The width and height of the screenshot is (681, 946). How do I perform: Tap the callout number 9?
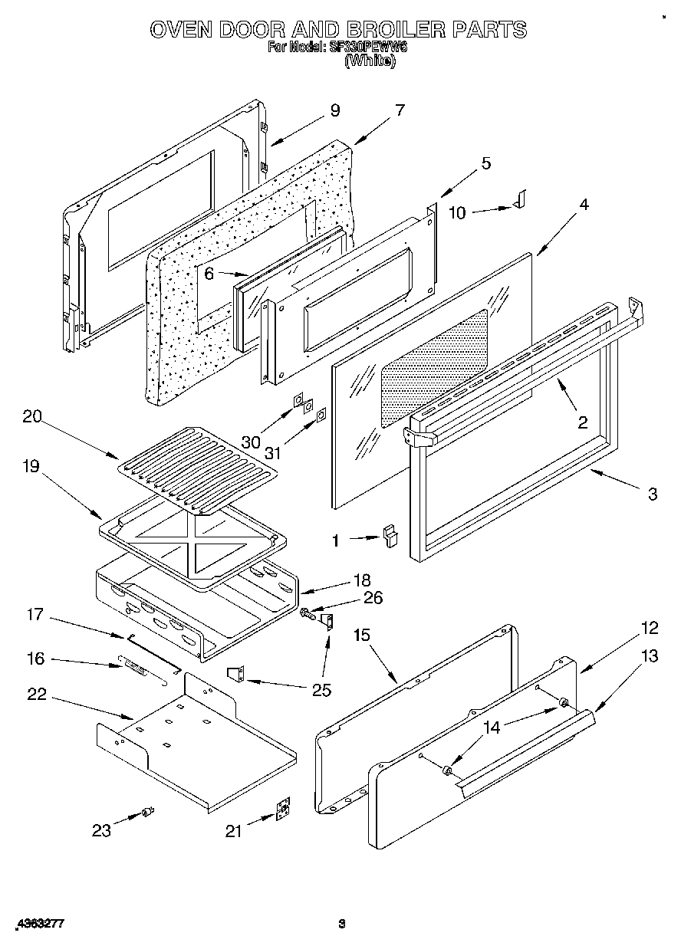(x=334, y=110)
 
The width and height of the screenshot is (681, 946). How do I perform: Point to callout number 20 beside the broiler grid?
(x=31, y=418)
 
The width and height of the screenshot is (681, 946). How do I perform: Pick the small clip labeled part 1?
(x=391, y=534)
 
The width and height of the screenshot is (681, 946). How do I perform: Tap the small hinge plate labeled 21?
(x=284, y=810)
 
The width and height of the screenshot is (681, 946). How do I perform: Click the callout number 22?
(x=35, y=695)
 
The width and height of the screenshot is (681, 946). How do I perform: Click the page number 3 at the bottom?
(x=343, y=925)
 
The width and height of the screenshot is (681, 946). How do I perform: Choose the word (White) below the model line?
(x=370, y=62)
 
